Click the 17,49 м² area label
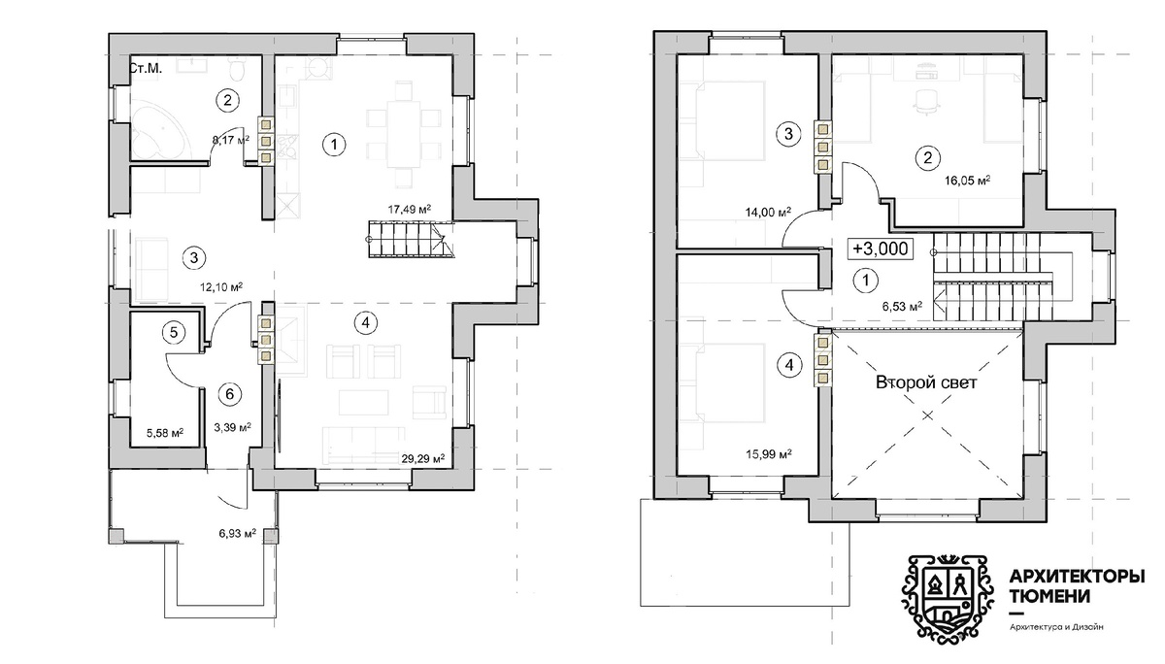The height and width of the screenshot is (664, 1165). pyautogui.click(x=410, y=210)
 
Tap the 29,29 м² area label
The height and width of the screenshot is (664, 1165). pyautogui.click(x=423, y=458)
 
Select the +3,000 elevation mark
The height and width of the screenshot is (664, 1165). pyautogui.click(x=880, y=249)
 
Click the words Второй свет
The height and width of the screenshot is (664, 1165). pyautogui.click(x=926, y=382)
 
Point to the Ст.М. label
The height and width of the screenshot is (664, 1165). pyautogui.click(x=145, y=68)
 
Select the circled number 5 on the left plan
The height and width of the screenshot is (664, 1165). pyautogui.click(x=174, y=332)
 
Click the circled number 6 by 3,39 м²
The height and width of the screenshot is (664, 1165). pyautogui.click(x=230, y=394)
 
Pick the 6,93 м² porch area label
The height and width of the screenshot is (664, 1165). pyautogui.click(x=238, y=533)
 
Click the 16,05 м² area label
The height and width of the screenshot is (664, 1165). pyautogui.click(x=967, y=181)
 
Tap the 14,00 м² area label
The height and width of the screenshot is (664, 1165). pyautogui.click(x=768, y=212)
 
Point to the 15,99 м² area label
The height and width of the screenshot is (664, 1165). pyautogui.click(x=769, y=454)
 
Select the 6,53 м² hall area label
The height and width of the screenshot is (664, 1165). pyautogui.click(x=902, y=306)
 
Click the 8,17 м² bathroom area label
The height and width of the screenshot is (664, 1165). pyautogui.click(x=231, y=140)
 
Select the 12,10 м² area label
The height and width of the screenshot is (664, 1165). pyautogui.click(x=221, y=286)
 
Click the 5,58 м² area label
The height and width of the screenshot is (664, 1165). pyautogui.click(x=165, y=433)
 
